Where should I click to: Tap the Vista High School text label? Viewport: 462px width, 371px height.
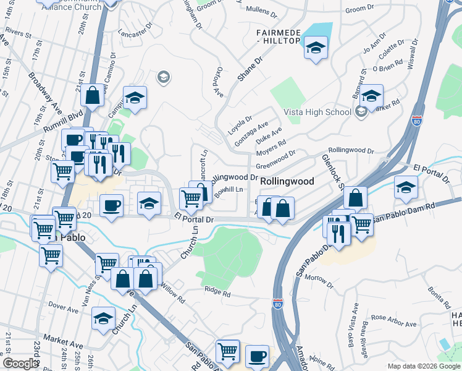(x=317, y=112)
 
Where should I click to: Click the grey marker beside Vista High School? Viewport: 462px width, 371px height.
(x=361, y=112)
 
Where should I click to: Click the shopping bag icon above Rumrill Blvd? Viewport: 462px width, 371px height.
(x=92, y=96)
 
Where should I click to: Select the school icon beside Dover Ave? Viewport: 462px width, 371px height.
(x=103, y=318)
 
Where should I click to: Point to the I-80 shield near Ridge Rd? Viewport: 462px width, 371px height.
(x=277, y=304)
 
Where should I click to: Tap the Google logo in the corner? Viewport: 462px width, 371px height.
(x=20, y=364)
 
